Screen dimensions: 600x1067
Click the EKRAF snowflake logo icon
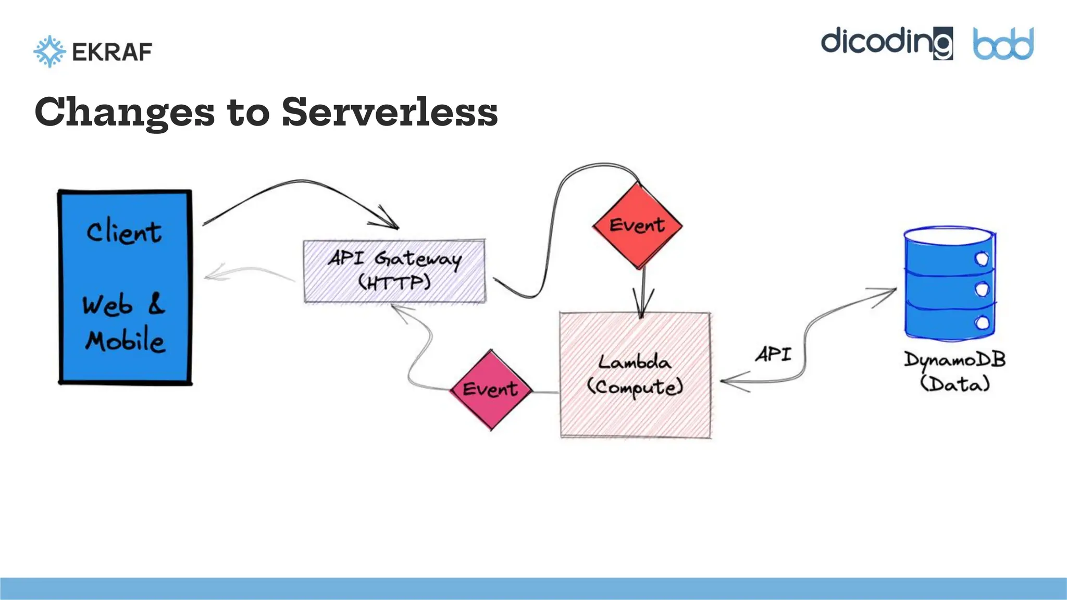coord(49,52)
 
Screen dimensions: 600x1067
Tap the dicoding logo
coord(886,43)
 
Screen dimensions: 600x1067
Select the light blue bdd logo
coord(1003,44)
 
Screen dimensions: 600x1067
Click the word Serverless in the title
coord(390,112)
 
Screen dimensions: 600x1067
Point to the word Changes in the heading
coord(125,112)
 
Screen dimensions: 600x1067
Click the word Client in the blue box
coord(124,232)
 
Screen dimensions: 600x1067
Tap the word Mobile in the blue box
coord(125,341)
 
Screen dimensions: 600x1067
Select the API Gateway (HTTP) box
coord(394,271)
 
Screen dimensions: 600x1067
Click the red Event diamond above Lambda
coord(637,226)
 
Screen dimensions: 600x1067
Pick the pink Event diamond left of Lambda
coord(490,389)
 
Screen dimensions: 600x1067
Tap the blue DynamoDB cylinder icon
coord(949,284)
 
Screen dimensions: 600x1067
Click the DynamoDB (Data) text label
coord(954,372)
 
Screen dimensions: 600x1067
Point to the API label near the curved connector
coord(774,355)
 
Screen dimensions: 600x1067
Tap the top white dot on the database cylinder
coord(982,259)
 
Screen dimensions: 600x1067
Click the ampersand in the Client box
coord(156,304)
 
